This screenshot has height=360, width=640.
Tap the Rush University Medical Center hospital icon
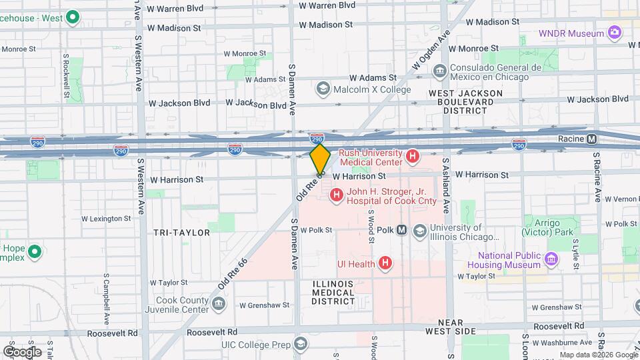[x=413, y=157]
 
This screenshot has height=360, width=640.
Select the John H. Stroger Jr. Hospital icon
[x=337, y=195]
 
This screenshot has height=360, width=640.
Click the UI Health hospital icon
[x=385, y=263]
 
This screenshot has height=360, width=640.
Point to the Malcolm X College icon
[x=323, y=89]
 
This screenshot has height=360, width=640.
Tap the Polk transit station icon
[x=402, y=230]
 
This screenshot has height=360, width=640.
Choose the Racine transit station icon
[x=591, y=139]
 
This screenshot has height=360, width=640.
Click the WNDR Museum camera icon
[x=615, y=32]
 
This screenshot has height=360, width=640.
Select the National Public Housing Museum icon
[x=551, y=259]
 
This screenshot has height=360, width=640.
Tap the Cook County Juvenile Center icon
[x=219, y=305]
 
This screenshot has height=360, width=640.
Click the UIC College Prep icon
[x=301, y=344]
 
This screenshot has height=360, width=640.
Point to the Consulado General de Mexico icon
[x=439, y=71]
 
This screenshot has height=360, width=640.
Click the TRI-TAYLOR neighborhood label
[x=181, y=233]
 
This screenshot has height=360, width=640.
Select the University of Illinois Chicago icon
[x=420, y=231]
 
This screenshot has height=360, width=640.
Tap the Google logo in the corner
[x=22, y=351]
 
